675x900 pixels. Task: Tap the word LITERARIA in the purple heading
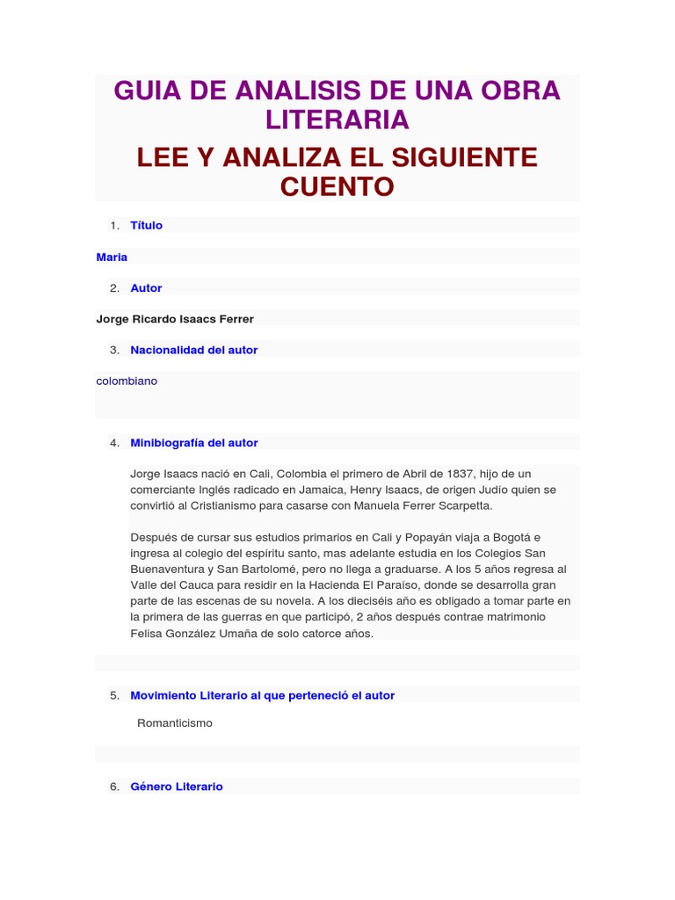pyautogui.click(x=337, y=120)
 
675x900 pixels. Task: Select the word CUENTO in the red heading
pyautogui.click(x=337, y=186)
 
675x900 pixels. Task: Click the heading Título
pyautogui.click(x=146, y=225)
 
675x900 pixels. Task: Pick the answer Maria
pyautogui.click(x=112, y=257)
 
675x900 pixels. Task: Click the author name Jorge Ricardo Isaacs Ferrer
pyautogui.click(x=175, y=319)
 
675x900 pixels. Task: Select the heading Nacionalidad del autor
pyautogui.click(x=193, y=350)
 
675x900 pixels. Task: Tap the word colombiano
pyautogui.click(x=127, y=381)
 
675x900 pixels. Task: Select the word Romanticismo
pyautogui.click(x=175, y=723)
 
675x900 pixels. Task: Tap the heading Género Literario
pyautogui.click(x=177, y=787)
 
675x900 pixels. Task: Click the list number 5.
pyautogui.click(x=114, y=695)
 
